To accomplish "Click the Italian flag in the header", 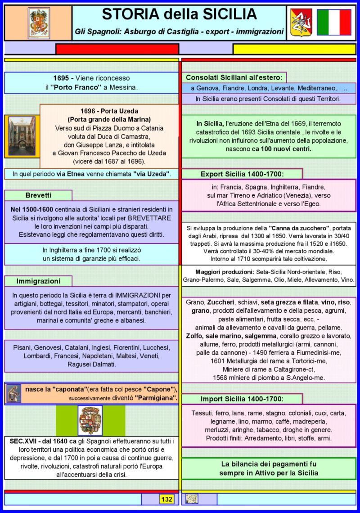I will coord(334,22).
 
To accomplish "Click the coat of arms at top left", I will coord(40,23).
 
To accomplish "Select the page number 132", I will coord(166,499).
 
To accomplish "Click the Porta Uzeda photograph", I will coord(22,136).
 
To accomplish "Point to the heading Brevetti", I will coord(38,195).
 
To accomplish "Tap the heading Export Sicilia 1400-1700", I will coord(242,174).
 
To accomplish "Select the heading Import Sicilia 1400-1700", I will coord(242,399).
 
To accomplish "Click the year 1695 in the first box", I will coord(60,78).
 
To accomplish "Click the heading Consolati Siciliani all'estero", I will coord(234,77).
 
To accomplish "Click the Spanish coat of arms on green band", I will coord(90,420).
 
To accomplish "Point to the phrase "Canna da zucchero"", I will coord(300,227).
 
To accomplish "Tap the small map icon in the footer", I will coord(192,499).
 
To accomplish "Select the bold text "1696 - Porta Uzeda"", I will coord(109,111).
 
